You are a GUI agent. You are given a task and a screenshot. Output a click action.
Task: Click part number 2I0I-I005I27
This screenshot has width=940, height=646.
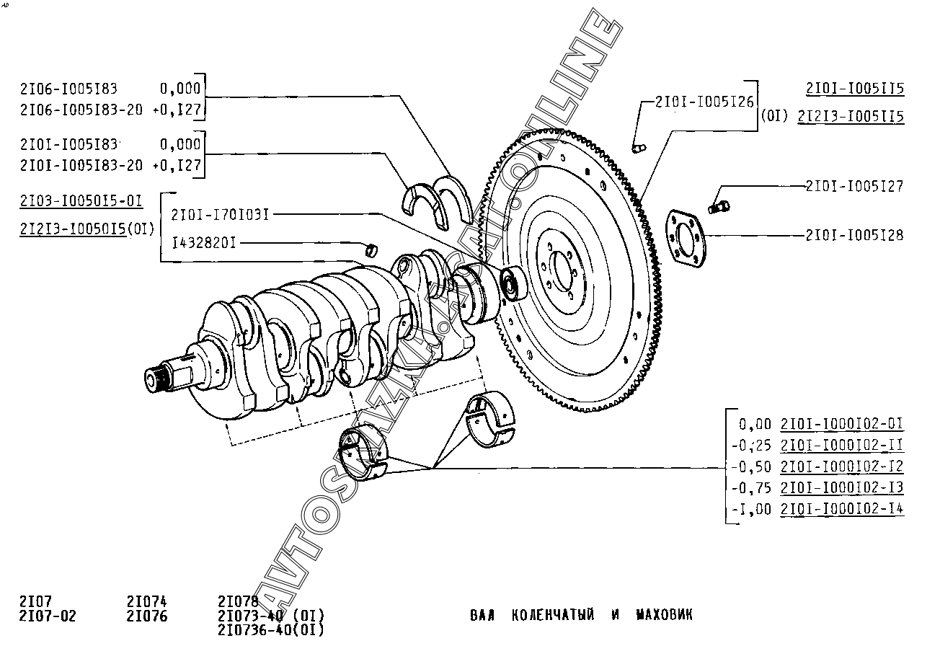(854, 187)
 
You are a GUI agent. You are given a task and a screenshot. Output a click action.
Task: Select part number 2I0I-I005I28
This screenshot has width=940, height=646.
(854, 235)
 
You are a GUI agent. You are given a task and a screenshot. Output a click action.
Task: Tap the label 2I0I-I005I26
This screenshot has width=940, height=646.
(704, 102)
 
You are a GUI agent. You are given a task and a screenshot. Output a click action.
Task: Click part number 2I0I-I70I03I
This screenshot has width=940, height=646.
(220, 214)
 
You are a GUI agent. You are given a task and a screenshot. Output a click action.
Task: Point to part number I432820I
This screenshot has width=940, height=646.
(205, 243)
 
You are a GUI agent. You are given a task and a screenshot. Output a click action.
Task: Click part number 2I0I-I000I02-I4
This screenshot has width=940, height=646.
(842, 509)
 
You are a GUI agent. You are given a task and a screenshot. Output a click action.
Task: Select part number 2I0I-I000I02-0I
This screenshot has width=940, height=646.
(842, 423)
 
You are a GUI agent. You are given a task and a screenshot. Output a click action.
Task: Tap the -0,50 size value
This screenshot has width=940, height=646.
(751, 466)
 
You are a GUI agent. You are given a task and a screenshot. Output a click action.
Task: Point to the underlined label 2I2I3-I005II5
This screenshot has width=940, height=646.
(851, 116)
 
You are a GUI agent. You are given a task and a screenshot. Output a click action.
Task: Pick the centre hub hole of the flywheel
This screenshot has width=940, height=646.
(562, 269)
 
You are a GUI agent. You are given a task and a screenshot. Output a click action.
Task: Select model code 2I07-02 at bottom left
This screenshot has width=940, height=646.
(47, 616)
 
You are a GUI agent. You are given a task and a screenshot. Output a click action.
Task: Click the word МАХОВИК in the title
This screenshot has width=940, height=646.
(664, 615)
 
